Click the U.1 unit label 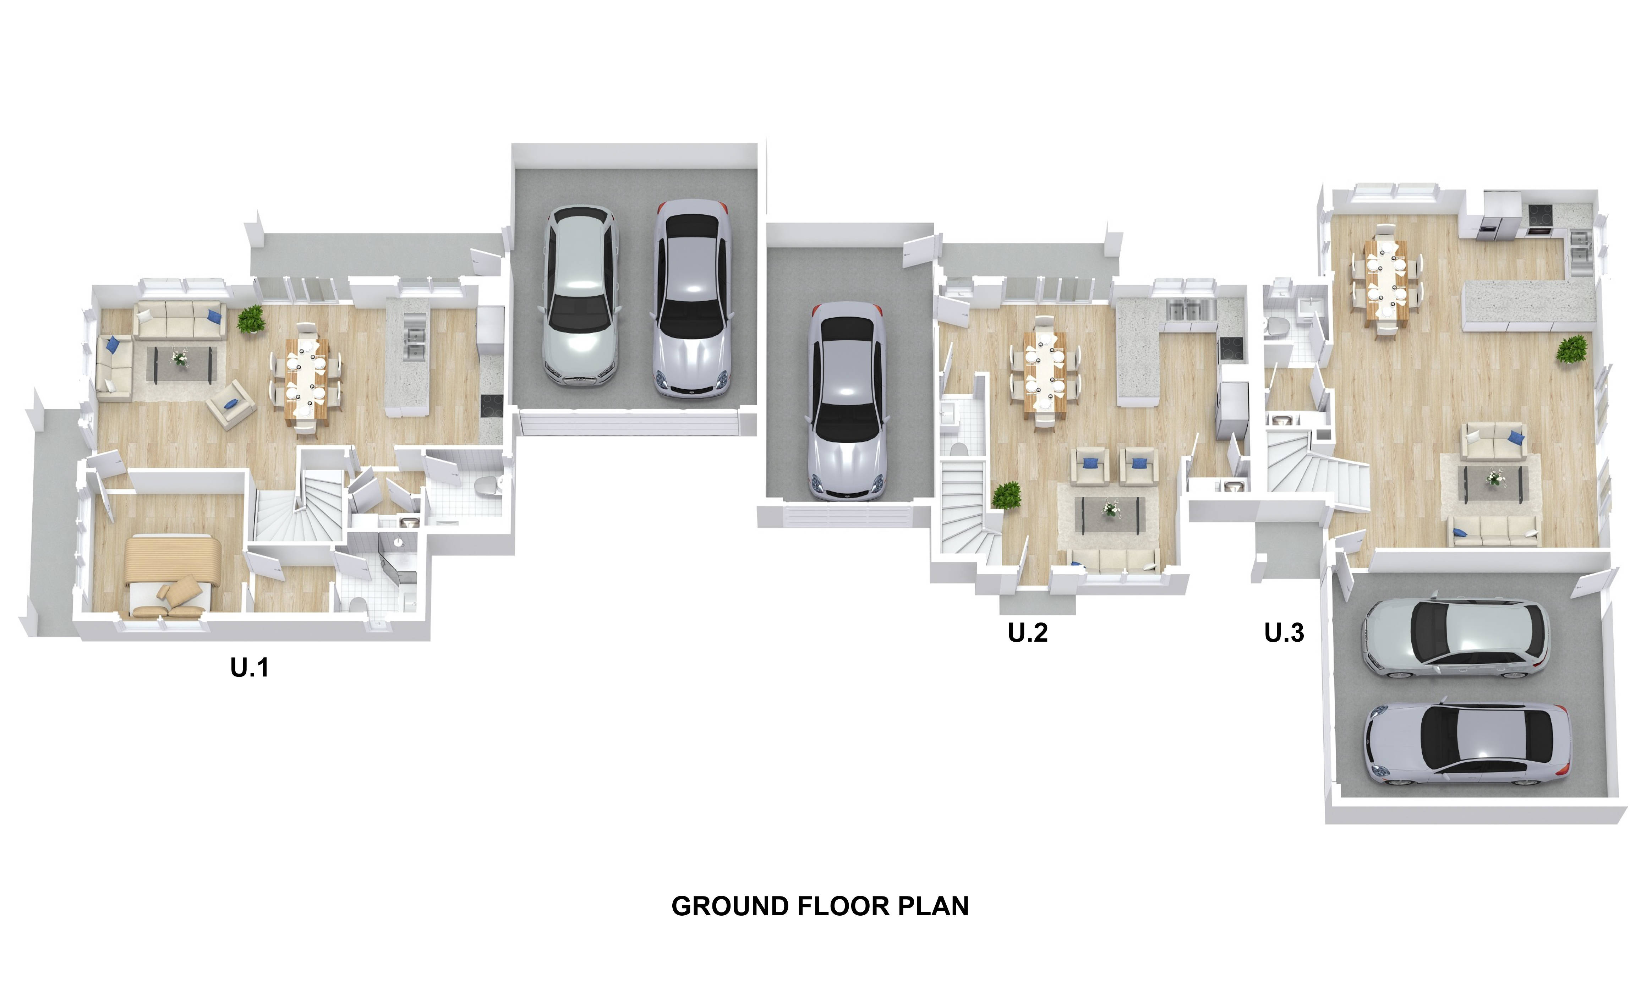250,668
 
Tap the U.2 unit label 1028,633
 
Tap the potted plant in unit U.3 1572,349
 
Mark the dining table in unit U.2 1045,374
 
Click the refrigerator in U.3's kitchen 1502,214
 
